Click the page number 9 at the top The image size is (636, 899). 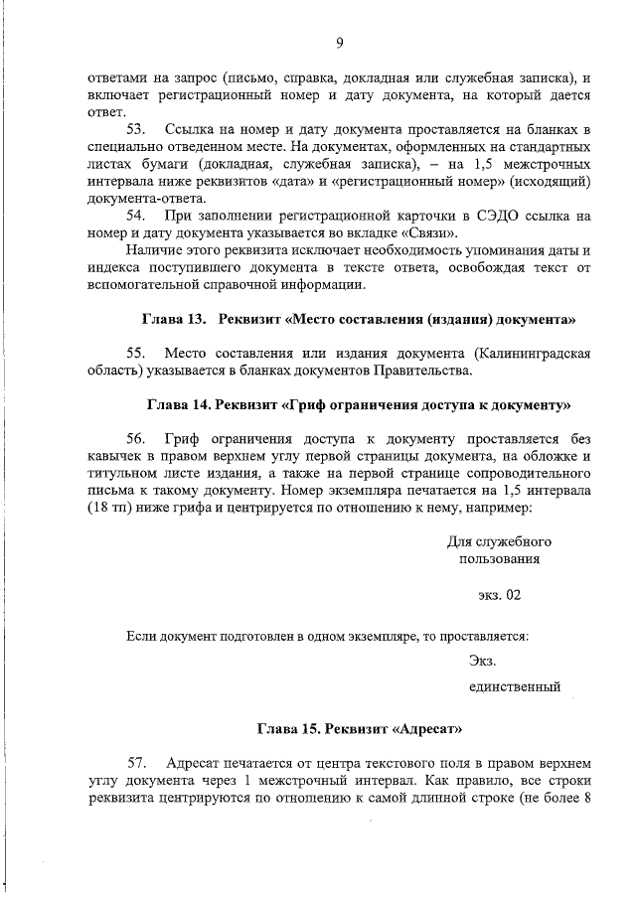click(x=339, y=42)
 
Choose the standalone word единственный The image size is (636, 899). click(x=515, y=686)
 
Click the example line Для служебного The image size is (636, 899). click(x=499, y=541)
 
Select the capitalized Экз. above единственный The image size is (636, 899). click(x=483, y=661)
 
